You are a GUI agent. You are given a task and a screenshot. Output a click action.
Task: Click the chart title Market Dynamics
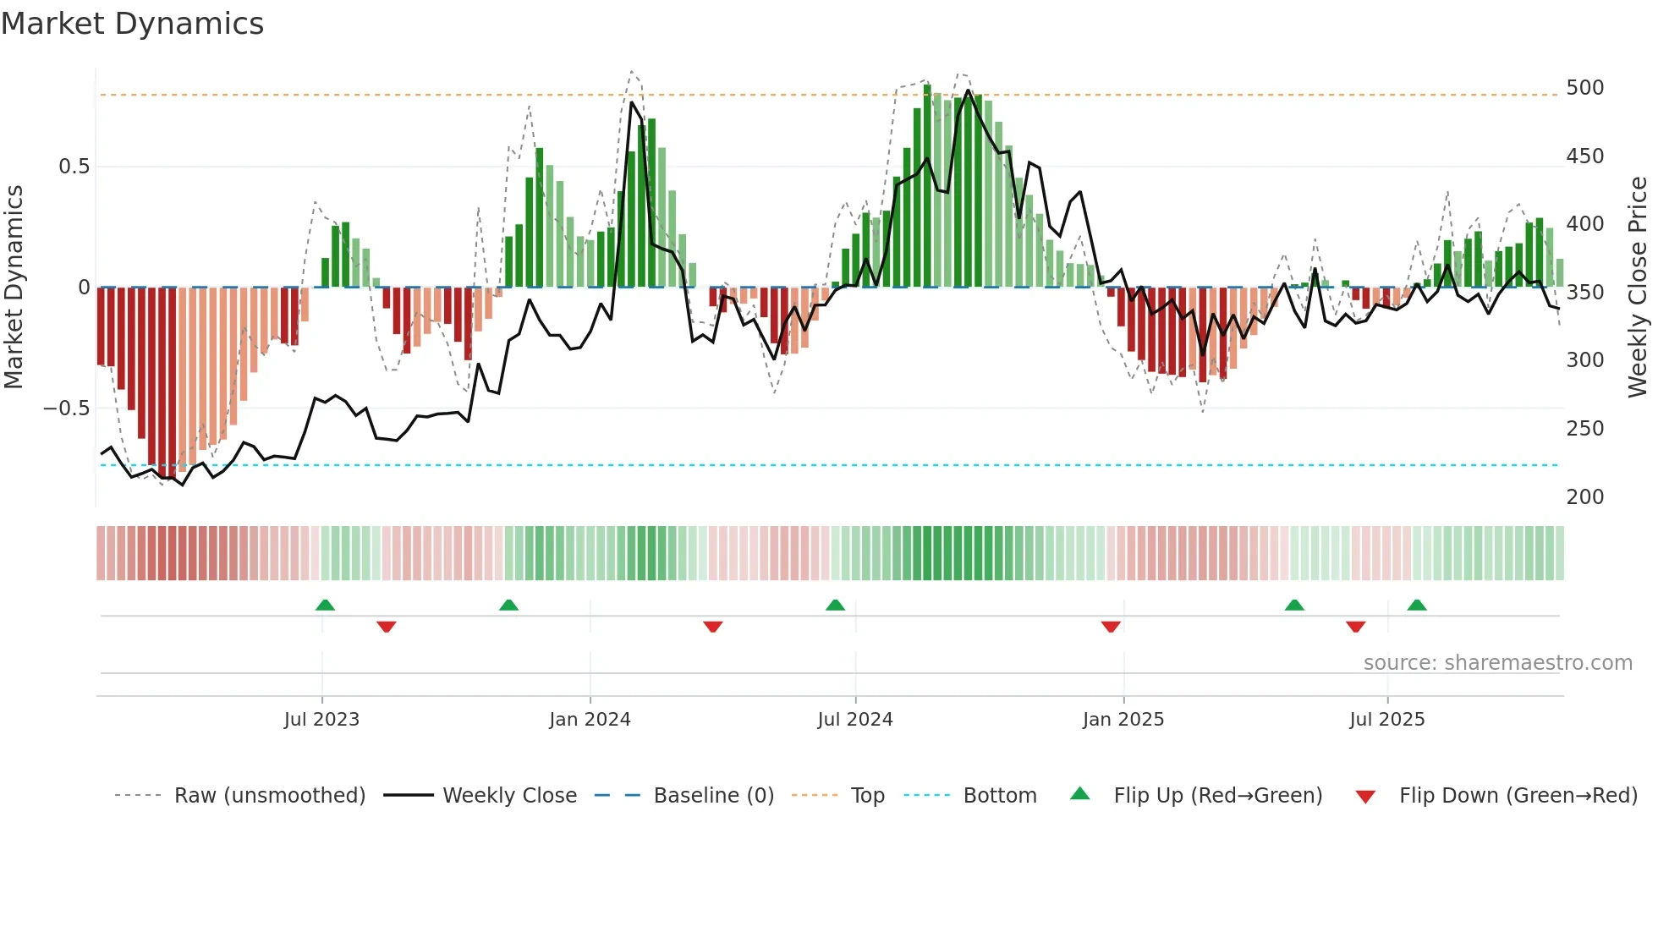click(x=132, y=24)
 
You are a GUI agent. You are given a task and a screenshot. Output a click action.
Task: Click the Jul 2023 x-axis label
click(x=321, y=720)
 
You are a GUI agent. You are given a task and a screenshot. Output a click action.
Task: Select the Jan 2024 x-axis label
click(x=590, y=720)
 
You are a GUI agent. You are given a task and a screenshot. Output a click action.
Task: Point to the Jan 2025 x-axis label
click(x=1123, y=720)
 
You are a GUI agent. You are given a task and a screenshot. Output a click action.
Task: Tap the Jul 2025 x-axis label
click(x=1387, y=720)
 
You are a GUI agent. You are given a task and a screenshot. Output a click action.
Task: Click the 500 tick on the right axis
click(x=1584, y=88)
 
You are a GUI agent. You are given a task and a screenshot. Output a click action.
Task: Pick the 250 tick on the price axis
click(x=1584, y=429)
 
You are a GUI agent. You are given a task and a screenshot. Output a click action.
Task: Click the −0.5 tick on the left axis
click(x=66, y=408)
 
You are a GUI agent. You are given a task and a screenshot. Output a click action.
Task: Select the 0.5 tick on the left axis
click(x=74, y=167)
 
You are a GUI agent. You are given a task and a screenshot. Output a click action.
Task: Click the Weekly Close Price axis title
click(x=1638, y=288)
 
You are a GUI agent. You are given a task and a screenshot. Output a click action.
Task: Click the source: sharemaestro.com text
click(x=1497, y=663)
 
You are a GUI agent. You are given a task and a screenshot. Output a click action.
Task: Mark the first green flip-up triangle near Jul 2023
click(x=325, y=605)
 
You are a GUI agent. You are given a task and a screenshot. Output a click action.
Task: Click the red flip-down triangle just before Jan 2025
click(x=1111, y=627)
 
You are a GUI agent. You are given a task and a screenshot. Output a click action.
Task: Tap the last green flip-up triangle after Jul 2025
click(x=1417, y=605)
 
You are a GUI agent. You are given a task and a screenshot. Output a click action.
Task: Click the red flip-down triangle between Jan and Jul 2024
click(x=712, y=627)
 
